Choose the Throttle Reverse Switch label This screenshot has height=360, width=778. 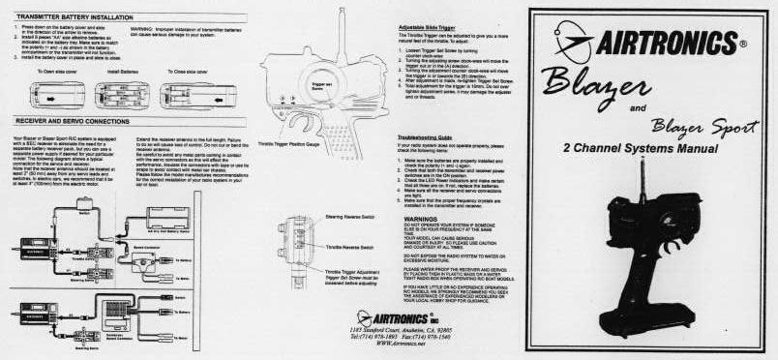click(348, 247)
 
